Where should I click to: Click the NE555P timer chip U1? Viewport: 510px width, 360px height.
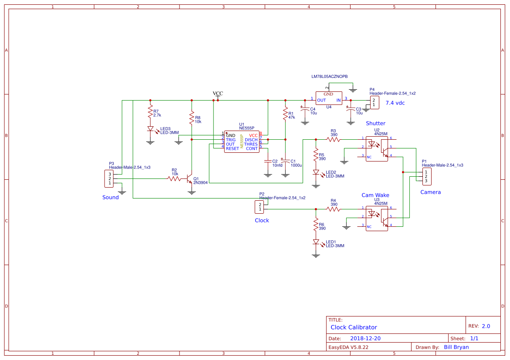[x=242, y=141]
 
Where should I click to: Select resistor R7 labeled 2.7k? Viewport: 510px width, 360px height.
[x=150, y=111]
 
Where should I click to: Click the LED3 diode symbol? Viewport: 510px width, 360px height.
[x=150, y=129]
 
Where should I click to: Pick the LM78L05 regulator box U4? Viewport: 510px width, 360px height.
[x=328, y=98]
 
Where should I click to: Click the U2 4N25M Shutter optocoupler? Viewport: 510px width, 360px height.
[x=376, y=149]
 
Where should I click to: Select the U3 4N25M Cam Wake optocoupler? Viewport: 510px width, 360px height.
[x=376, y=219]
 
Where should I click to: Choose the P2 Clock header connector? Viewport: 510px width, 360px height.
[x=259, y=207]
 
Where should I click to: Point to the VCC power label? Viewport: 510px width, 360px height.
[x=218, y=94]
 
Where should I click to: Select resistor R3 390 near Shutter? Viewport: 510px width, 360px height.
[x=334, y=139]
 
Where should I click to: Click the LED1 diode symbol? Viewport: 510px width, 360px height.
[x=316, y=242]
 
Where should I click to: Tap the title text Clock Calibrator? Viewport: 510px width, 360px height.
[x=354, y=327]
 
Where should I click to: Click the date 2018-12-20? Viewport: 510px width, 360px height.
[x=365, y=338]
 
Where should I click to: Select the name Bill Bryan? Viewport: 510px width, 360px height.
[x=456, y=347]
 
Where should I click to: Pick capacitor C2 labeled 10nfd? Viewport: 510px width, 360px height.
[x=268, y=161]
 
